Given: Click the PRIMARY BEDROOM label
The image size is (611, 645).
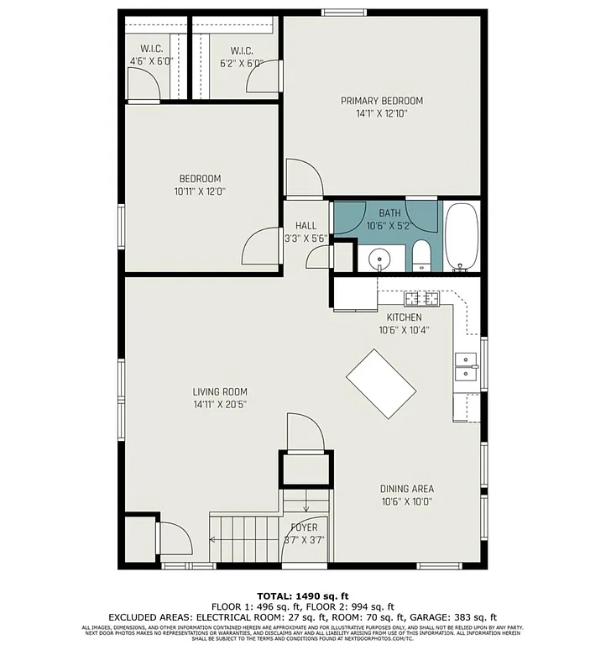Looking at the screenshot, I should coord(381,101).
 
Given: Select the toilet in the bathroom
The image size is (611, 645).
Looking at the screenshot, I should coord(421,255).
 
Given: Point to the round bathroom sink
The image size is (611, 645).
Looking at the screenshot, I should coord(380,260).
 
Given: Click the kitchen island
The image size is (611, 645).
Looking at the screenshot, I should coord(381,384).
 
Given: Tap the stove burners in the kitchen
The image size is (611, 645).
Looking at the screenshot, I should coord(422,298).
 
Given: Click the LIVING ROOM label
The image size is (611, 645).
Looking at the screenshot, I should coord(220,391).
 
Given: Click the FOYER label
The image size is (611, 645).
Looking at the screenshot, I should coord(304,527).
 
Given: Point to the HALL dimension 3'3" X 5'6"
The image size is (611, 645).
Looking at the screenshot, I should coord(305,239).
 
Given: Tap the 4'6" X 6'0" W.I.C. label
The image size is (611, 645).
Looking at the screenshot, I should coord(150,62).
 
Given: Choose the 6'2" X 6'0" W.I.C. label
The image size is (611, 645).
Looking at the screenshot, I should coord(242,62).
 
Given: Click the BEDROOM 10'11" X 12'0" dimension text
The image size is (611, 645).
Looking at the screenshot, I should coord(200,191).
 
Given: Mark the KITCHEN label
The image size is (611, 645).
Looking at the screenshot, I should coord(404,317).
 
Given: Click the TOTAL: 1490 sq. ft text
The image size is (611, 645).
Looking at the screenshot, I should coord(305,593).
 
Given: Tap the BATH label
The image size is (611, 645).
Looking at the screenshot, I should coord(389,213).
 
